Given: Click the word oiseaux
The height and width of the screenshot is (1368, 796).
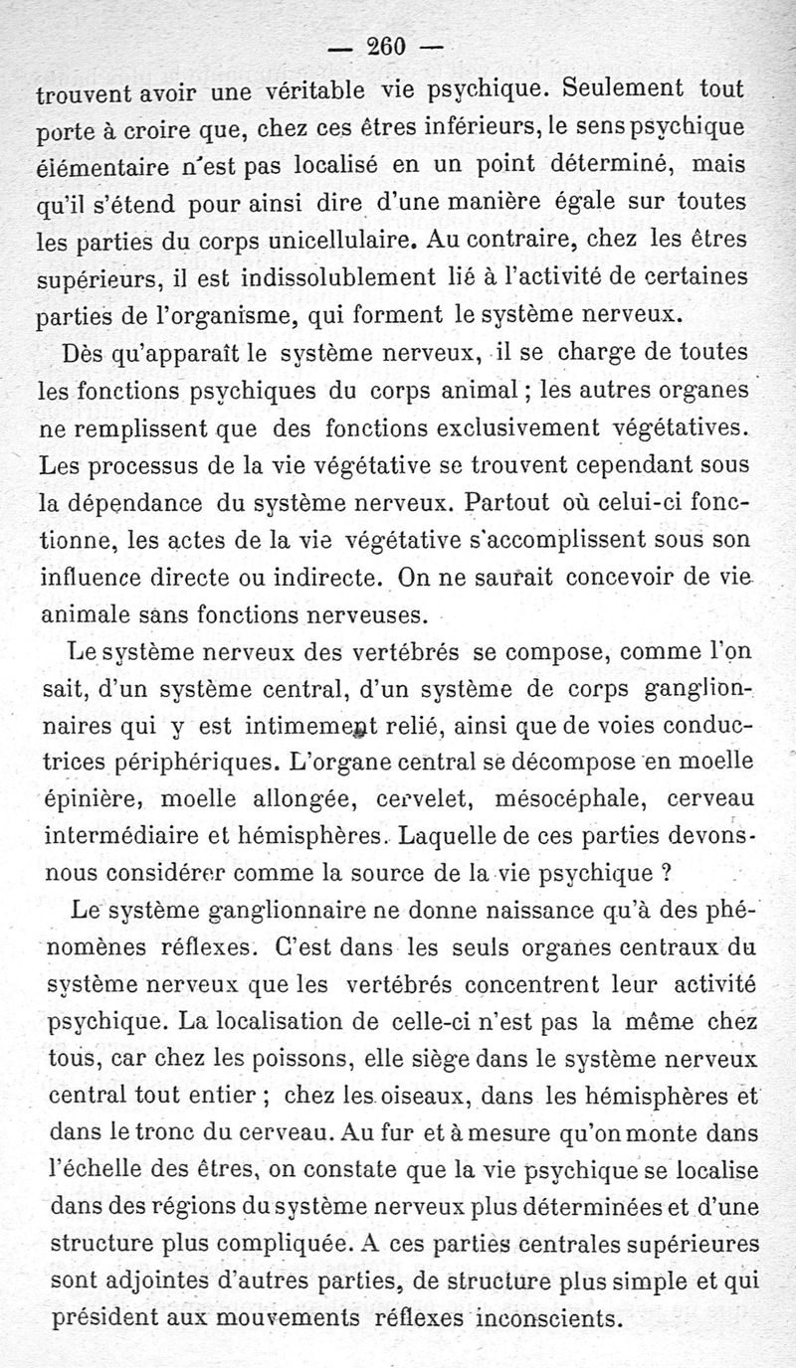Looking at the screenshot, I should coord(414,1099).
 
